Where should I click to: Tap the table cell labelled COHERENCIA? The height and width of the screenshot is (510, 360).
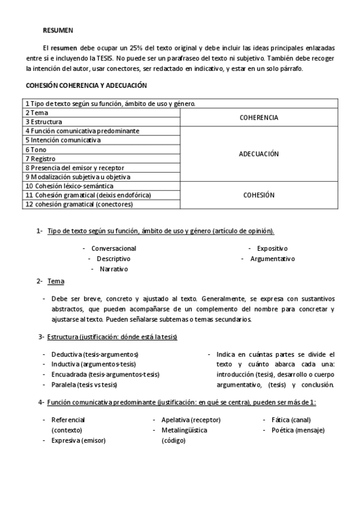258,117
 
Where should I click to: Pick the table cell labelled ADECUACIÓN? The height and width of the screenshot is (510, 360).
258,154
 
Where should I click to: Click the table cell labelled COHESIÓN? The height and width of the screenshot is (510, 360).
258,195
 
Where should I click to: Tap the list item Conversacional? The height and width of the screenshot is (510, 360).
114,248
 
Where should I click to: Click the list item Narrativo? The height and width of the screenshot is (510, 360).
114,269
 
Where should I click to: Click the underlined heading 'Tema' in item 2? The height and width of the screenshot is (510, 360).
56,281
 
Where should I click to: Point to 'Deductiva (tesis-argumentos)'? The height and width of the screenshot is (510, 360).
95,354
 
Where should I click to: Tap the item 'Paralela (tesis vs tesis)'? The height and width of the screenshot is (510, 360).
84,385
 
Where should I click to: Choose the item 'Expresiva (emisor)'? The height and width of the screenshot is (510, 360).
79,440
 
